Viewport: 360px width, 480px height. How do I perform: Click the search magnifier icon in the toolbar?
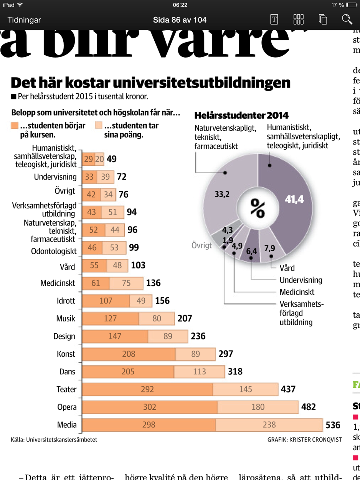(347, 19)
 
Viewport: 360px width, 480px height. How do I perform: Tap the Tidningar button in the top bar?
(24, 20)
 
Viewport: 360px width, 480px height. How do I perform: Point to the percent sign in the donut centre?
(258, 208)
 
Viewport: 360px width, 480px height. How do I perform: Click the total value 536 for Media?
(333, 425)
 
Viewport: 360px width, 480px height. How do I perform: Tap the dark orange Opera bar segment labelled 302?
(150, 407)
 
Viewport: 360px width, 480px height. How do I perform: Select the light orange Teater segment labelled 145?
(245, 389)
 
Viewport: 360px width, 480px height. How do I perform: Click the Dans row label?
(68, 372)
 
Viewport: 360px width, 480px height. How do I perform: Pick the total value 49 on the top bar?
(112, 159)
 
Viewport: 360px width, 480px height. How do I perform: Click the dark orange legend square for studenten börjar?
(15, 126)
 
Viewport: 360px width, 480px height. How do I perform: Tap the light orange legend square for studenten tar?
(99, 126)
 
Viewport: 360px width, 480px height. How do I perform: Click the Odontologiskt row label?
(54, 251)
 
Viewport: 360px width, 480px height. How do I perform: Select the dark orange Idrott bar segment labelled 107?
(106, 301)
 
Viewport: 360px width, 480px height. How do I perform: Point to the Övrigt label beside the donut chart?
(202, 245)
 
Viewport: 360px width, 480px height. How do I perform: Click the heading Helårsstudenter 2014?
(241, 115)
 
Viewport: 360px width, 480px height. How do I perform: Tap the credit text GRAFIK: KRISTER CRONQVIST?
(304, 440)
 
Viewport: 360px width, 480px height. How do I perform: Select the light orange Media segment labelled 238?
(269, 425)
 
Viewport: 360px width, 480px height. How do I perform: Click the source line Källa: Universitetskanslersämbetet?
(54, 440)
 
